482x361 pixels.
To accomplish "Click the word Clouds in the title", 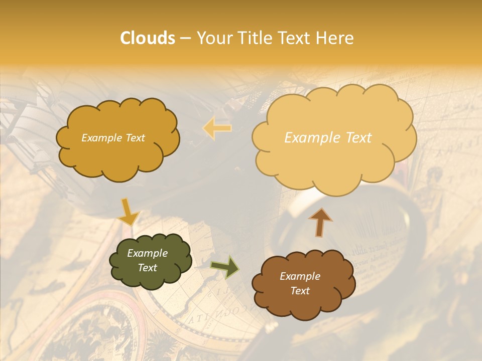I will [x=148, y=38].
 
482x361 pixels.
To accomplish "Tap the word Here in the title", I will [x=335, y=38].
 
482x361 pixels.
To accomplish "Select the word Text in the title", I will [x=295, y=38].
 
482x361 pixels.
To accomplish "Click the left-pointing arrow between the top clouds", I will [x=217, y=128].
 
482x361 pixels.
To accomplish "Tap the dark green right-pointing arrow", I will [x=225, y=267].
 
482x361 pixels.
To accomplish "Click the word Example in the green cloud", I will [x=147, y=253].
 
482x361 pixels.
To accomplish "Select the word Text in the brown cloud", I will [x=300, y=291].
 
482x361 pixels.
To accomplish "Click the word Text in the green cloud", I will [x=147, y=268].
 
